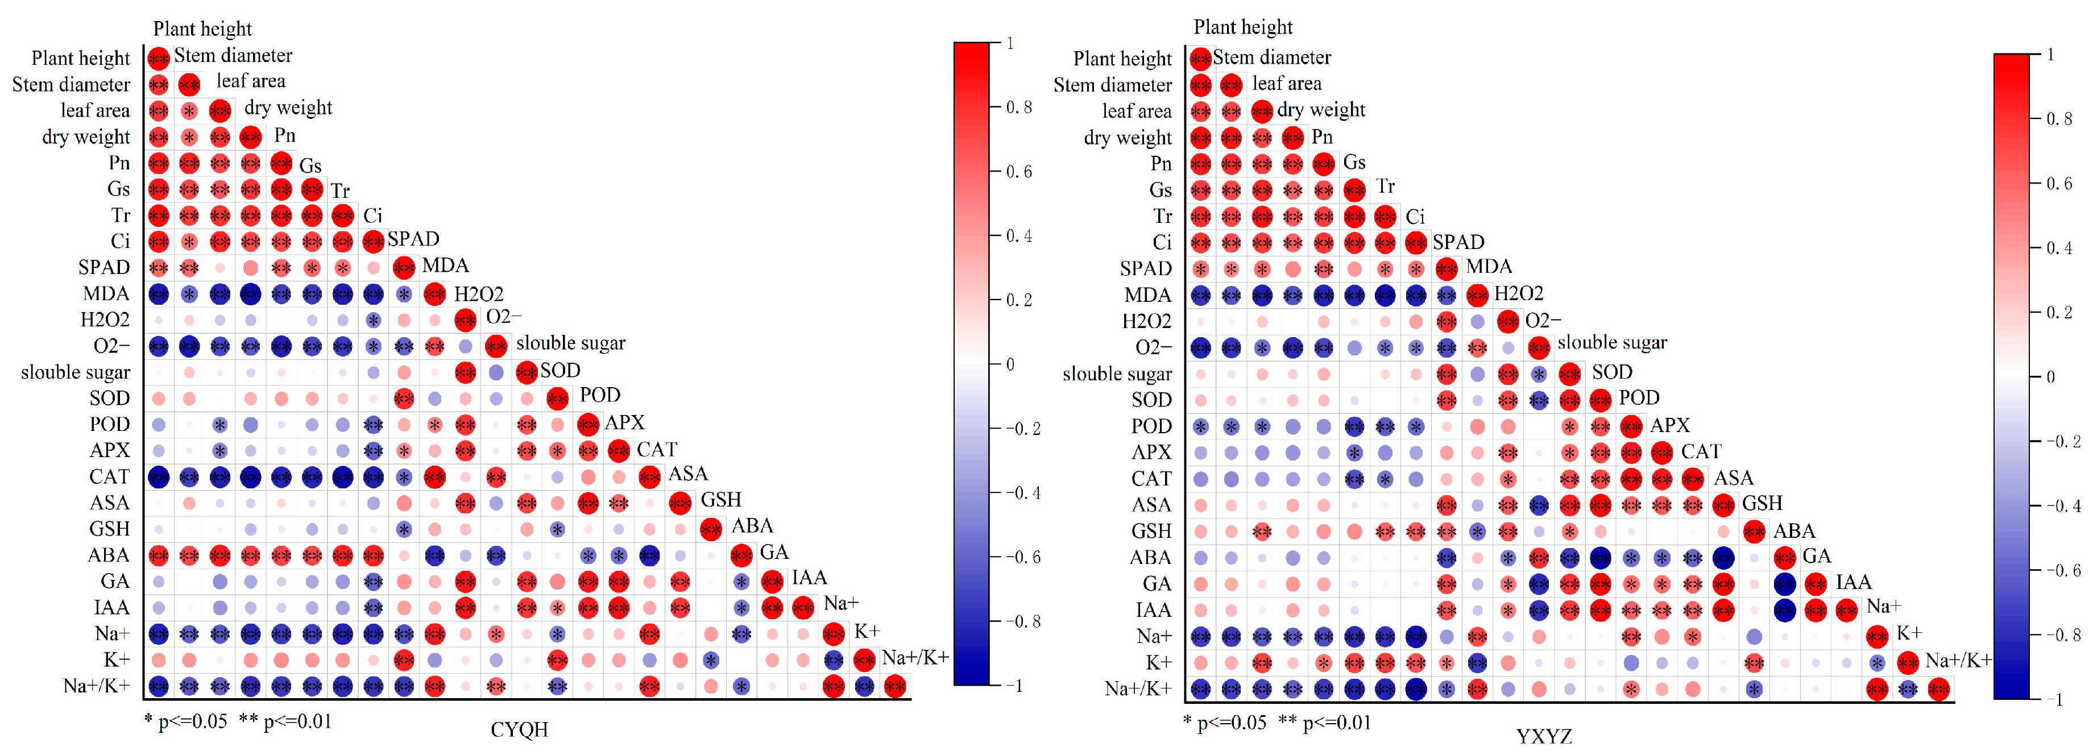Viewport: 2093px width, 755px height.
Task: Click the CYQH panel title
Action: pyautogui.click(x=519, y=729)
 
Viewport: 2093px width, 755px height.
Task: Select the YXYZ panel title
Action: pyautogui.click(x=1543, y=736)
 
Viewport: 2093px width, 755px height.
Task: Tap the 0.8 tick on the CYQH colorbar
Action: pyautogui.click(x=1019, y=107)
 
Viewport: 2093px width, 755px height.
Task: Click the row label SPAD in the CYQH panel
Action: pyautogui.click(x=104, y=267)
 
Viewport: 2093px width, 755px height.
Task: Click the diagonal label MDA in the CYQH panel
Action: pyautogui.click(x=445, y=266)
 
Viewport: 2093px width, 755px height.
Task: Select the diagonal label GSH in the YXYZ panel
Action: pyautogui.click(x=1762, y=503)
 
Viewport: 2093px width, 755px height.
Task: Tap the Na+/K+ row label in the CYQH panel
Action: pyautogui.click(x=97, y=686)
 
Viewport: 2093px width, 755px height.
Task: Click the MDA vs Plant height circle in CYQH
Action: pyautogui.click(x=159, y=294)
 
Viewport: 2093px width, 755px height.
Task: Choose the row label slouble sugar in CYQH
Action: pyautogui.click(x=76, y=372)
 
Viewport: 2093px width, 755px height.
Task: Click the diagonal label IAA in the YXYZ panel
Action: pyautogui.click(x=1853, y=582)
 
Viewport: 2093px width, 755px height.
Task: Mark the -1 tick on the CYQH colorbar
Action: pyautogui.click(x=1014, y=686)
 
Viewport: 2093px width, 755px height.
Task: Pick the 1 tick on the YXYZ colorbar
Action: pyautogui.click(x=2050, y=55)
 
